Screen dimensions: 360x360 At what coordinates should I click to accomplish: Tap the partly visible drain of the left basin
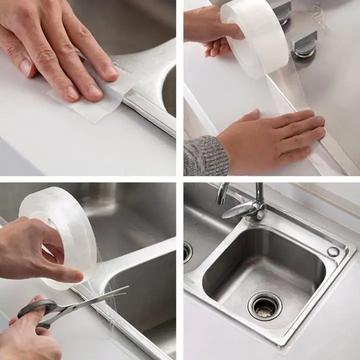(187, 252)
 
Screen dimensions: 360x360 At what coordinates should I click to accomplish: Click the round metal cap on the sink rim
(333, 252)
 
